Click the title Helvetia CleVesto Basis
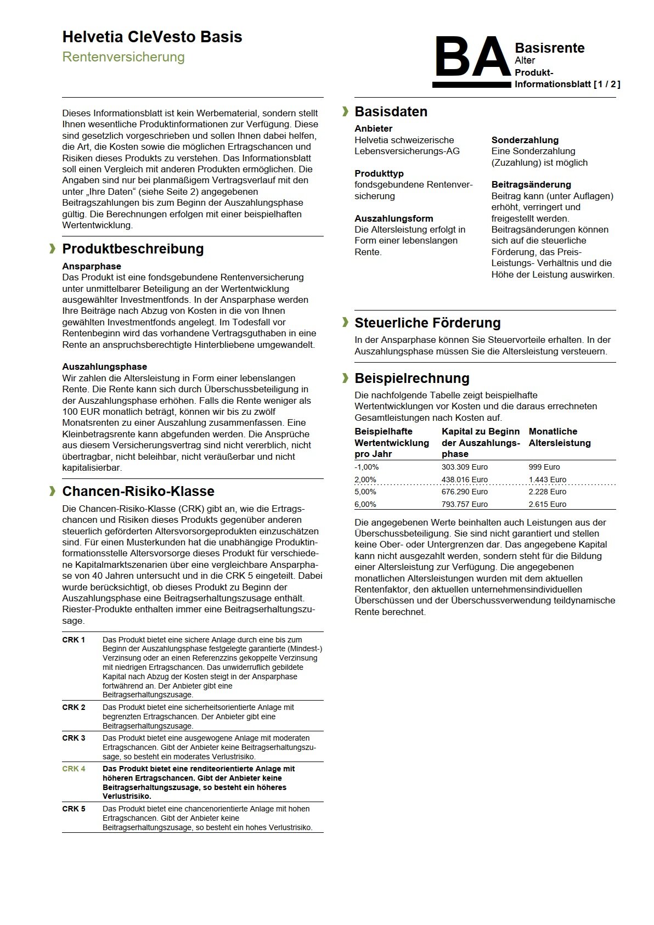pos(152,37)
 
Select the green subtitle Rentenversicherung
pos(123,57)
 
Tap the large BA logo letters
pos(472,58)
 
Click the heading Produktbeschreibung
pos(133,249)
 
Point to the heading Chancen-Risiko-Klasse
pos(138,492)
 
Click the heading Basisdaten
pos(391,112)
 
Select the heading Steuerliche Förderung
pos(427,323)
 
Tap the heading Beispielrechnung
pos(412,379)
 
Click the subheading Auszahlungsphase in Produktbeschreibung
pos(104,366)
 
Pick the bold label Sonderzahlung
pos(525,140)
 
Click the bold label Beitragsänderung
pos(531,185)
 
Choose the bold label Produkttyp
pos(379,173)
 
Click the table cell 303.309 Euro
pos(464,467)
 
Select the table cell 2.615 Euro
pos(548,504)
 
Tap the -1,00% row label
pos(367,467)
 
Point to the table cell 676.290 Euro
pos(464,492)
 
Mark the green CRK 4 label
pos(74,769)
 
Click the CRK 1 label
pos(74,640)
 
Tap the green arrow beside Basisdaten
pos(345,112)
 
